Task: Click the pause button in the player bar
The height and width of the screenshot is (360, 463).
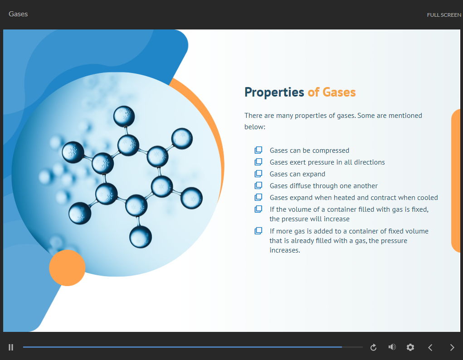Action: tap(11, 347)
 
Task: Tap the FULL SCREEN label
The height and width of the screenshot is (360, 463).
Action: tap(444, 15)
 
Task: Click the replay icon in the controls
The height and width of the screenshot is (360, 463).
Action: tap(374, 347)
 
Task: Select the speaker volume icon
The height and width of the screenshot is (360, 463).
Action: tap(392, 347)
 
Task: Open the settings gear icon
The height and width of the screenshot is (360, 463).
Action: tap(410, 347)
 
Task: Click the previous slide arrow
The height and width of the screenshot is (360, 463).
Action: tap(430, 347)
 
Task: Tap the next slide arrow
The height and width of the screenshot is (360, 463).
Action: tap(452, 347)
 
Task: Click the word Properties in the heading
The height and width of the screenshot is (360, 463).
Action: tap(274, 92)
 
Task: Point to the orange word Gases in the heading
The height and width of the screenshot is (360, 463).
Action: tap(339, 92)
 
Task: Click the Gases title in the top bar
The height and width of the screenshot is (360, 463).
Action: tap(18, 14)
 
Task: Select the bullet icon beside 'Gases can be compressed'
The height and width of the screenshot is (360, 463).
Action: tap(258, 150)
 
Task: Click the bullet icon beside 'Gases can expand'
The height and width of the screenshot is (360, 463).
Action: tap(258, 174)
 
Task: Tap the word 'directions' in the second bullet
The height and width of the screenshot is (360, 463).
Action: tap(370, 162)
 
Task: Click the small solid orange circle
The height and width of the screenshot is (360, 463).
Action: tap(67, 268)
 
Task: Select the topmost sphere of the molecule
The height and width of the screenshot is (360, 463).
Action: tap(124, 117)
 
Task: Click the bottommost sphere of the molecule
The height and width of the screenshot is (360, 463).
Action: tap(141, 237)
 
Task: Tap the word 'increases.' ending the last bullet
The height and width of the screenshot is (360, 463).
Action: tap(285, 250)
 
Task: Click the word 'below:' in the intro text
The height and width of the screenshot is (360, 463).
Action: tap(255, 126)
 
